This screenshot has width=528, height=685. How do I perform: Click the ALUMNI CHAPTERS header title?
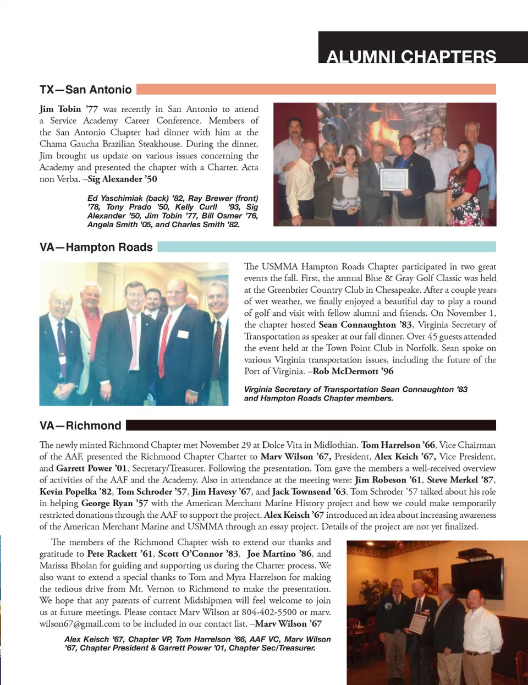(411, 56)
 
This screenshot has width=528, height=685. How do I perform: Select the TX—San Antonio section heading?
(85, 90)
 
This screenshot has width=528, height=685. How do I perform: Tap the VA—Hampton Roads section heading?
(96, 247)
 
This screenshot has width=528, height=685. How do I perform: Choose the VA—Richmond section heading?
(80, 425)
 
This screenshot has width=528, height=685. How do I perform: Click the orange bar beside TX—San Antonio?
(316, 89)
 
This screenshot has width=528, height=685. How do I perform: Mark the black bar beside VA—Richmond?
(311, 425)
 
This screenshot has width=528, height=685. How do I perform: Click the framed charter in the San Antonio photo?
(394, 179)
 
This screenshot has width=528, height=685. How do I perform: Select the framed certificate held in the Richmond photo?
(419, 623)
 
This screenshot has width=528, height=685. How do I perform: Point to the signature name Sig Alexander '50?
(123, 179)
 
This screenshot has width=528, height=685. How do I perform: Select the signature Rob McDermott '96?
(353, 371)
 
